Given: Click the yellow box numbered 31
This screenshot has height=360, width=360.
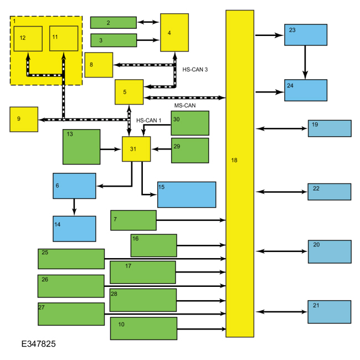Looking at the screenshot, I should click(136, 148).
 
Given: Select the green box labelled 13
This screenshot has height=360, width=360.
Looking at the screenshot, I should click(81, 147).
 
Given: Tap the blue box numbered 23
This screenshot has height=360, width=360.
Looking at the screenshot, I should click(306, 35).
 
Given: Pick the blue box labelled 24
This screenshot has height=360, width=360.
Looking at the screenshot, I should click(306, 90).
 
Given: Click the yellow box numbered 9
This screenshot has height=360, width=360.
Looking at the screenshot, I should click(24, 120).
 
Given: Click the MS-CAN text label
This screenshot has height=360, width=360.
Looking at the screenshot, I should click(184, 105).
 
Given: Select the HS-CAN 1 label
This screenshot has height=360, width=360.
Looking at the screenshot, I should click(148, 120).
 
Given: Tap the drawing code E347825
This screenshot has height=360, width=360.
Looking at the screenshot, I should click(32, 344).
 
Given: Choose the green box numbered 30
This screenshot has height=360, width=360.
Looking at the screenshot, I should click(190, 123).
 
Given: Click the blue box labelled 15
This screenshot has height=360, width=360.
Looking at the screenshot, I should click(187, 194).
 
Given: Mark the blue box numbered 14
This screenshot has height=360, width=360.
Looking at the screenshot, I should click(74, 229).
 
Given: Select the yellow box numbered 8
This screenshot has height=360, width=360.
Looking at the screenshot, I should click(99, 65).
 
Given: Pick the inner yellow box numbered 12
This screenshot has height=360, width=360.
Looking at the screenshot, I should click(28, 39).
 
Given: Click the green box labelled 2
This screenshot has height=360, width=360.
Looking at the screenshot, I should click(114, 23).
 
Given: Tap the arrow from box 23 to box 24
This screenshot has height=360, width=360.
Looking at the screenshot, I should click(304, 62).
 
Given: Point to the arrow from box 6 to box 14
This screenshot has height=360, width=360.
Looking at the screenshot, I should click(74, 207).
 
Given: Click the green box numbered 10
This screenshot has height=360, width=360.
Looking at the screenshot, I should click(143, 328).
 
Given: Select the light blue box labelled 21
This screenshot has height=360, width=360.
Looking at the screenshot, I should click(330, 312).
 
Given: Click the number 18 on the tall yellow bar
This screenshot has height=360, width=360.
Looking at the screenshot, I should click(234, 160).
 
